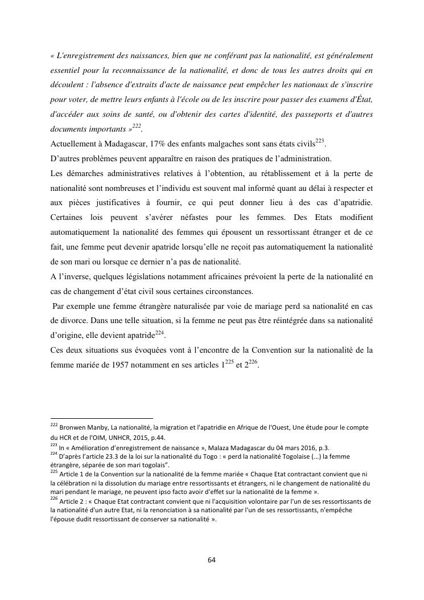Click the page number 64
click(212, 560)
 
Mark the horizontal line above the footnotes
click(102, 418)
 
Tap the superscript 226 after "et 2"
click(254, 364)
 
